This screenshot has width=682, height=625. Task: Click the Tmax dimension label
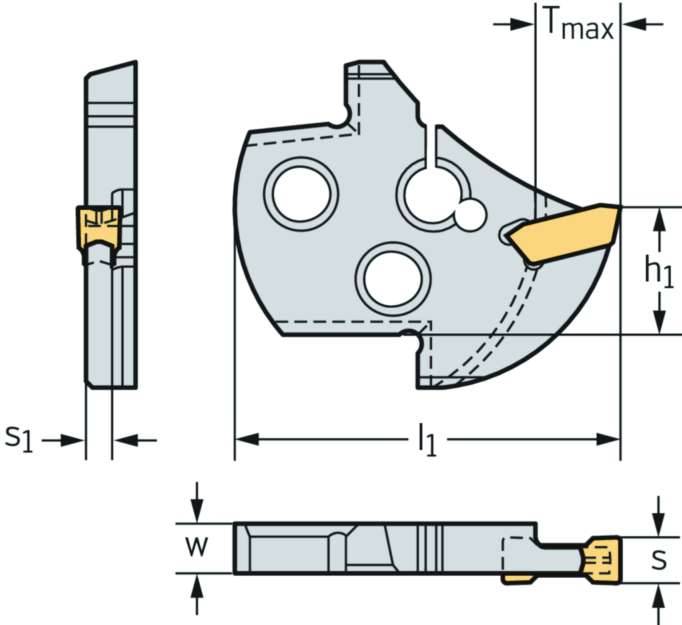579,23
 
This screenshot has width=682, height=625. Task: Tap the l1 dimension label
427,440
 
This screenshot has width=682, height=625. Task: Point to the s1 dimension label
19,438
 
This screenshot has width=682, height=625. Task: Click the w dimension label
196,546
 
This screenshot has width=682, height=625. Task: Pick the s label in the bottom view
659,560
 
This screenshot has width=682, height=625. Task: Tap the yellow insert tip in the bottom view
601,560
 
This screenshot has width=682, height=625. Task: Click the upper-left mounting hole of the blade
301,194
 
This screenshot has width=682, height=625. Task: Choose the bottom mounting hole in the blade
393,279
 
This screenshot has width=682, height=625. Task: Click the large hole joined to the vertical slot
432,195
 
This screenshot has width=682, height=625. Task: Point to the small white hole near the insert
470,215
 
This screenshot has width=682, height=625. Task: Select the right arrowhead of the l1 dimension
607,440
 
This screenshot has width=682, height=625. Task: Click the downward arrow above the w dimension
197,502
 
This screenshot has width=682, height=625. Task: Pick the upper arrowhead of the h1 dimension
660,219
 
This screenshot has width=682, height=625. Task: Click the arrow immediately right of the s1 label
63,440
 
